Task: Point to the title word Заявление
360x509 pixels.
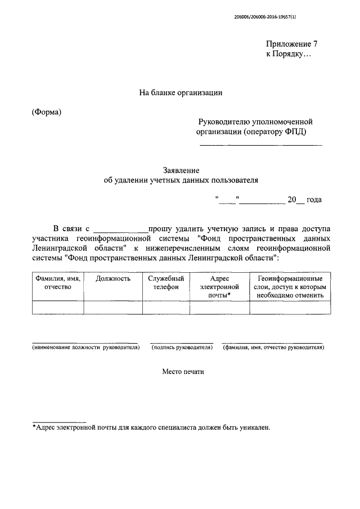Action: pos(181,170)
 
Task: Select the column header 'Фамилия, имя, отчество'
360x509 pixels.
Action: pos(58,282)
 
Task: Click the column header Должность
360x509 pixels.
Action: pos(113,278)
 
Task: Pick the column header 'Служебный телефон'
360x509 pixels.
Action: pos(166,282)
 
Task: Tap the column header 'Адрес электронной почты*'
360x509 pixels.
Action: pos(219,286)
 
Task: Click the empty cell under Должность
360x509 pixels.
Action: pos(113,307)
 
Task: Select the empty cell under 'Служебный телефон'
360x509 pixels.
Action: pos(166,307)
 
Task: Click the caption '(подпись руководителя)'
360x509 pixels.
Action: pos(182,348)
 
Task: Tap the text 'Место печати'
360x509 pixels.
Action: pos(181,372)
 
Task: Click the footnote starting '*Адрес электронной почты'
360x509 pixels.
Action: pos(151,427)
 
